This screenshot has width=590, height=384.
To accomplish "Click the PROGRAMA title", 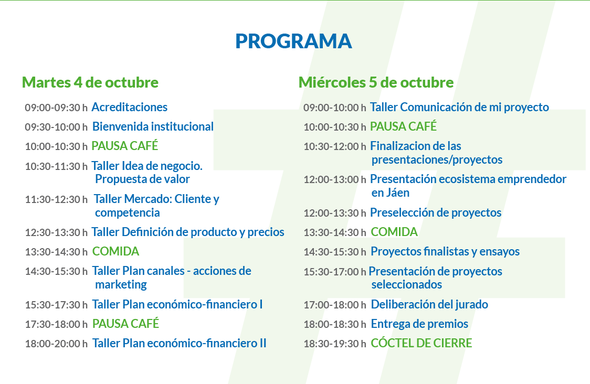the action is click(293, 41).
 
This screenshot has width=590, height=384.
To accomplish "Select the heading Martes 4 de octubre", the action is click(90, 82).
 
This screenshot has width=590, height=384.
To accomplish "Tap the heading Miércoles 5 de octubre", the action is click(376, 82).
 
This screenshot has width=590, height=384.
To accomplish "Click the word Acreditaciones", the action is click(130, 107).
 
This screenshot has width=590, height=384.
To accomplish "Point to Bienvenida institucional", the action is click(153, 127).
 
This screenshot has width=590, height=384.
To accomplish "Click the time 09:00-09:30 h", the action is click(56, 108).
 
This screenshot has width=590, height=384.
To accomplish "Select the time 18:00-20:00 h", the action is click(56, 344).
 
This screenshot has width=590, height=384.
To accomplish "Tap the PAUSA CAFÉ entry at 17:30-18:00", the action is click(125, 324).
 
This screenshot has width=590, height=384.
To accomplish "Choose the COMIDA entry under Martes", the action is click(115, 251).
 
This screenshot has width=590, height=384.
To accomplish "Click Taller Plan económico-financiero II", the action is click(179, 343).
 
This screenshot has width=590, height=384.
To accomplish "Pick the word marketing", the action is click(121, 285).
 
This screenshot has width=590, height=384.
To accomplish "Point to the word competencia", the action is click(127, 213).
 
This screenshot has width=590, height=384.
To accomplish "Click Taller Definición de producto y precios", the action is click(188, 232).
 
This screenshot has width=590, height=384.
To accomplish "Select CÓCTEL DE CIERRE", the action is click(422, 343).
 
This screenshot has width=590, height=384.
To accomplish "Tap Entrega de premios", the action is click(419, 324).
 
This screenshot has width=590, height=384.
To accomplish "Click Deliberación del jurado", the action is click(429, 304).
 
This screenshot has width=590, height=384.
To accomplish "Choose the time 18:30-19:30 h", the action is click(335, 344).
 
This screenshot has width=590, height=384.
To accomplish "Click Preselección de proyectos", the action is click(436, 212).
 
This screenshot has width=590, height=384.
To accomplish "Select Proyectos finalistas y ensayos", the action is click(445, 251).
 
